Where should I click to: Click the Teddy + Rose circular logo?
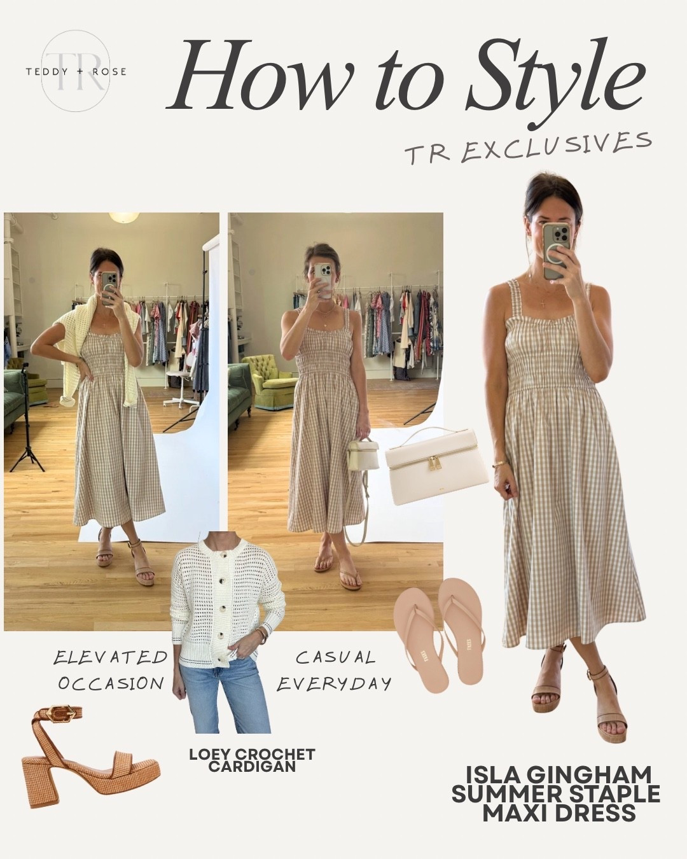pyautogui.click(x=76, y=71)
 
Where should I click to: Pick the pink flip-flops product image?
pyautogui.click(x=439, y=632)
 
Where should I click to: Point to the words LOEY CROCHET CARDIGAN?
pyautogui.click(x=253, y=760)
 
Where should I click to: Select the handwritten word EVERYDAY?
pyautogui.click(x=334, y=685)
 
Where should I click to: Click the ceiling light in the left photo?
pyautogui.click(x=123, y=217)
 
